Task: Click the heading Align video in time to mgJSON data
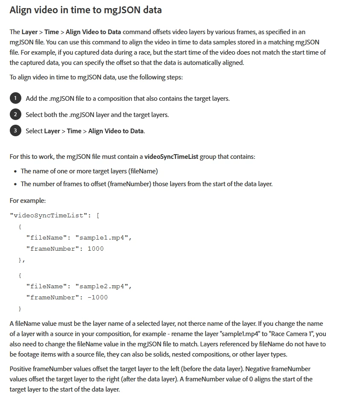click(85, 10)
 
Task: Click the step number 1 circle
click(15, 98)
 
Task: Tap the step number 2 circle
click(15, 114)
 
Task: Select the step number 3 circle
click(15, 131)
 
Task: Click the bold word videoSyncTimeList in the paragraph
click(171, 157)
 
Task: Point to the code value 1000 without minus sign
click(96, 249)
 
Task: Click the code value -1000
click(98, 297)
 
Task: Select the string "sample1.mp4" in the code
click(103, 237)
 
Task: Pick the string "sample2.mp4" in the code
click(103, 286)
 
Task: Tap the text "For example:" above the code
click(28, 200)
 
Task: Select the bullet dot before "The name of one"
click(15, 171)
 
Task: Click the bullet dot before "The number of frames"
click(15, 184)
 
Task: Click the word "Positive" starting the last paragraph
click(20, 369)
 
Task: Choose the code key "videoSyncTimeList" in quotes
click(49, 215)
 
